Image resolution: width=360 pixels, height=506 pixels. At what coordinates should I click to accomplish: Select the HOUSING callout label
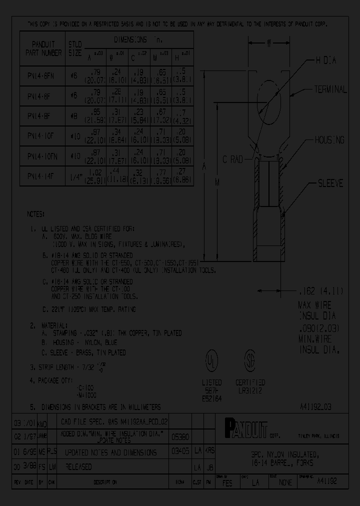[329, 140]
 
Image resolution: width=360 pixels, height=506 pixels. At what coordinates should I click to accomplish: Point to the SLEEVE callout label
[331, 183]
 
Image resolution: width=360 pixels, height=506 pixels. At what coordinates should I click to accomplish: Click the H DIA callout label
[325, 60]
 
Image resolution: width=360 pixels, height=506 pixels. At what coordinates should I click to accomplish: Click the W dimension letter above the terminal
[268, 44]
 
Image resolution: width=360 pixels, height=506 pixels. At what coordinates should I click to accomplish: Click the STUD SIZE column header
[74, 48]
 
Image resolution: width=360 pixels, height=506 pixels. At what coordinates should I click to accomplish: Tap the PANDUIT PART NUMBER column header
[43, 48]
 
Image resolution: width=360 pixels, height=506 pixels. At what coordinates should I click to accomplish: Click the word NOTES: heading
[36, 214]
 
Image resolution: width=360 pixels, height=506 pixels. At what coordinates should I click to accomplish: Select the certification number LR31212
[250, 390]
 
